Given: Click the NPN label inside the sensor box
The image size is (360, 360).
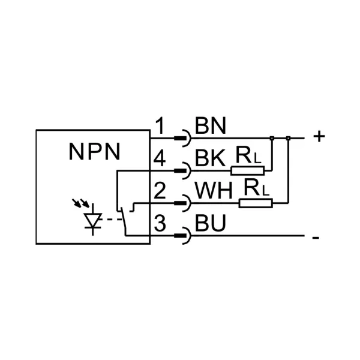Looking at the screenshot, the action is coord(94,152).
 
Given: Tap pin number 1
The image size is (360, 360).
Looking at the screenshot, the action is coord(160,126).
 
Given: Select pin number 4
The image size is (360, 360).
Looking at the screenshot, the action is coord(160,158).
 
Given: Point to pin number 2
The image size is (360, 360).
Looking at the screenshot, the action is coord(160,190).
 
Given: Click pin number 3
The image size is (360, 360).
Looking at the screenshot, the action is coord(160,223).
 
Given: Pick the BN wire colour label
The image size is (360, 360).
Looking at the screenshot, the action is coord(211,126).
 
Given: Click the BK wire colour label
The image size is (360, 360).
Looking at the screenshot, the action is coord(210,158).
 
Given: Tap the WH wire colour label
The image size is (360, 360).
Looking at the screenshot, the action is coord(214,190).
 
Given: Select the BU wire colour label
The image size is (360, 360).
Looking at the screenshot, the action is coord(211,223).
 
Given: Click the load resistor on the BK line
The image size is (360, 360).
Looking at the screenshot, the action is coord(247,171).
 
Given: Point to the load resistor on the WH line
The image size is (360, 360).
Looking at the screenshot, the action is coord(256,203).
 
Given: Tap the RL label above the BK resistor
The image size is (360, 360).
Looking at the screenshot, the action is coord(248,155).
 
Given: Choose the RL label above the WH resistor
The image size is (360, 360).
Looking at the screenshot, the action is coord(256,187).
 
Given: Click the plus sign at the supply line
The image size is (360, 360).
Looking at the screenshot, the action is coord(319,137).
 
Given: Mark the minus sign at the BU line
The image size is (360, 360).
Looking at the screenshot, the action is coord(316,238).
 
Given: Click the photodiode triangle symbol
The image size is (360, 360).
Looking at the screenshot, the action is coord(93,220).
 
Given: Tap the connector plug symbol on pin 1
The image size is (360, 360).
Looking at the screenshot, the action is coord(183,138).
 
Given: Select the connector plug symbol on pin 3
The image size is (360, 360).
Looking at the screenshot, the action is coord(183,236).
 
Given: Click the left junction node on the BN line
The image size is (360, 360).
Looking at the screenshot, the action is coord(272,138).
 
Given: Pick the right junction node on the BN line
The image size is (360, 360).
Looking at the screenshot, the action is coord(289,138).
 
